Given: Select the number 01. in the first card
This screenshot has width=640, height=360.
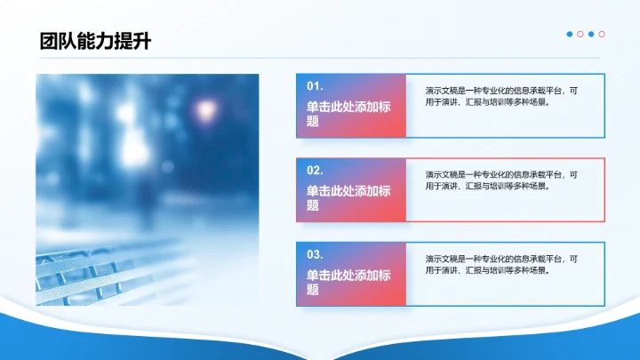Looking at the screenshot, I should (x=315, y=86).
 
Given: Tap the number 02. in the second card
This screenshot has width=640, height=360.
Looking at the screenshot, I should (x=315, y=170).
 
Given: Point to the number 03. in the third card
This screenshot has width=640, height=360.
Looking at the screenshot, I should (x=315, y=254).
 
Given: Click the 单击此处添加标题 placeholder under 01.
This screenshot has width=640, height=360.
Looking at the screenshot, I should (x=348, y=112).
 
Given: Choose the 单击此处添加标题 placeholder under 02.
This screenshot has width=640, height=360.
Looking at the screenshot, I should (x=348, y=196).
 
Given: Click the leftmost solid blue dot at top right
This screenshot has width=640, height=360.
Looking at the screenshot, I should (x=570, y=35).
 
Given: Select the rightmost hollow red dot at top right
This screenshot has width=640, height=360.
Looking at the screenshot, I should (x=602, y=35).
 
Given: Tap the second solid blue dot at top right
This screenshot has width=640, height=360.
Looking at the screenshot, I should (x=591, y=35).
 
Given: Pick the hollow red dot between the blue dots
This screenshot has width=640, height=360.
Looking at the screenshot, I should (x=580, y=35).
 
